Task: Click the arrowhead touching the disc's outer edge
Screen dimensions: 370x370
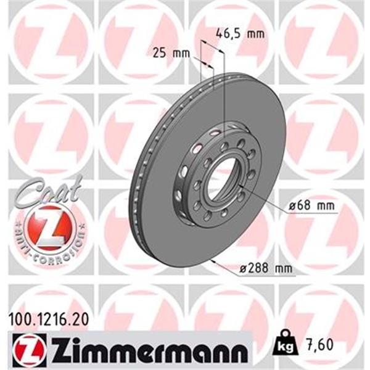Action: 212,261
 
